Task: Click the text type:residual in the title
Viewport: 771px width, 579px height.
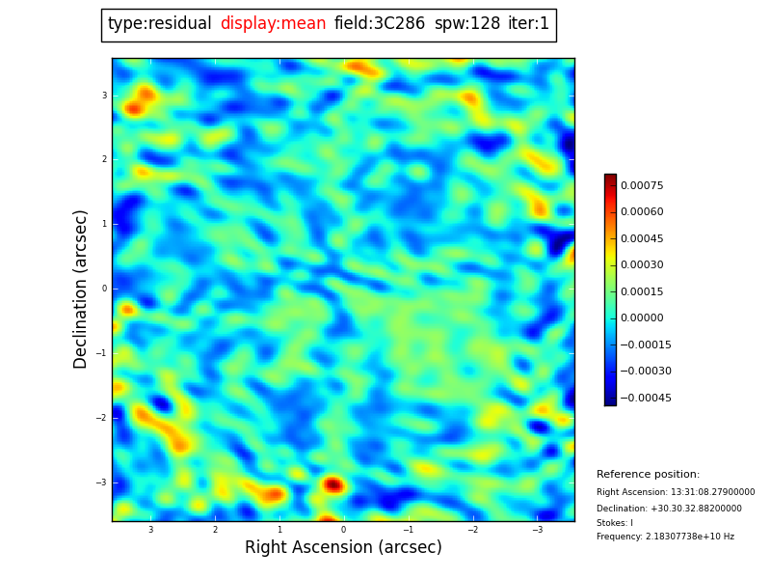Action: (159, 24)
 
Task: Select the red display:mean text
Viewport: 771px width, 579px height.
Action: (273, 24)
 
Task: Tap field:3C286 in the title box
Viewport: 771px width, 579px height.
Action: (380, 24)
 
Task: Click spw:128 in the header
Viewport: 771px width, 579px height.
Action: (467, 24)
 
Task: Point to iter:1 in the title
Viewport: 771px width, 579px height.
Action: (528, 24)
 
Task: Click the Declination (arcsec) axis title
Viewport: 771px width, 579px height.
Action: (81, 289)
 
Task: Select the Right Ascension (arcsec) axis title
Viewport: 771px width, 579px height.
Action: (343, 548)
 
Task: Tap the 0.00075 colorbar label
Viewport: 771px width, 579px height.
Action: (642, 185)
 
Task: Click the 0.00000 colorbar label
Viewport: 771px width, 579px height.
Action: (642, 318)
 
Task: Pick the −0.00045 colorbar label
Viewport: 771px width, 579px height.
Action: (645, 398)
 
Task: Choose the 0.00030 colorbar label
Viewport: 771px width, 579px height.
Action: (642, 265)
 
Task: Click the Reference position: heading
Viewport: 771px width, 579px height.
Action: (648, 475)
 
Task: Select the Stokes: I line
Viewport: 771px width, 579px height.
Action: (615, 523)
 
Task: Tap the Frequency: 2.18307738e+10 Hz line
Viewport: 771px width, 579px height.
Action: (665, 537)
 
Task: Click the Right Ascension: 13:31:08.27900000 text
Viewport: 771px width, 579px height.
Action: (676, 492)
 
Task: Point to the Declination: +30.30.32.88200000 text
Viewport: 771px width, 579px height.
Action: (669, 509)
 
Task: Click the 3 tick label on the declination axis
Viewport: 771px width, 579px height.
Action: (104, 96)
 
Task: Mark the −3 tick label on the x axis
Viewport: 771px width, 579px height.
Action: (538, 530)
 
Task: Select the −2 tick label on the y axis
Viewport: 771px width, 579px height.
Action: (102, 418)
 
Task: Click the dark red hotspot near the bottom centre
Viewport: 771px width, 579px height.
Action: (332, 484)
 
